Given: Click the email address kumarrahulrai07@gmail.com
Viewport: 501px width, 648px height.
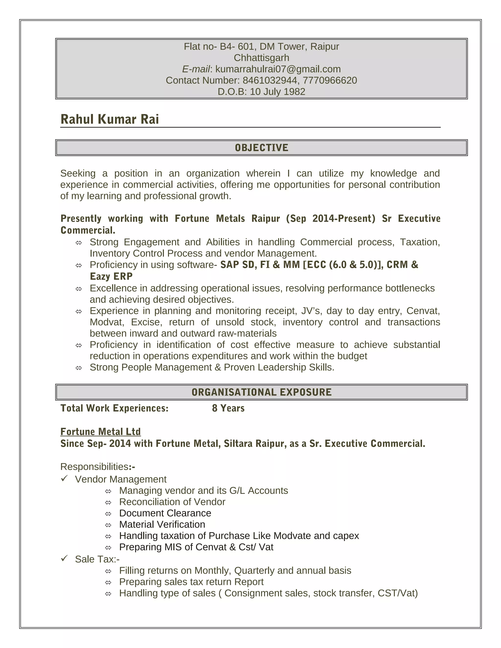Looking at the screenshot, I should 278,69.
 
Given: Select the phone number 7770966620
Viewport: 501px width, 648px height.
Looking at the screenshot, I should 330,80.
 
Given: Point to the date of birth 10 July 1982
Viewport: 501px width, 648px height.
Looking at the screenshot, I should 277,92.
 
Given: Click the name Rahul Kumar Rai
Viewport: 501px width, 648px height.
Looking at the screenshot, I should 110,119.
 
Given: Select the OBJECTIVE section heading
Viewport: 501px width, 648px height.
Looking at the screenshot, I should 261,148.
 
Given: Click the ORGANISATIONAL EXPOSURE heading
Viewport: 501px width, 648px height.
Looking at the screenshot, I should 261,392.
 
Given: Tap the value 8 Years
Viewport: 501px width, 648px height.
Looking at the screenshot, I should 228,408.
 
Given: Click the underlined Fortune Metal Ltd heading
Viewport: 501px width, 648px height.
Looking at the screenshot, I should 101,432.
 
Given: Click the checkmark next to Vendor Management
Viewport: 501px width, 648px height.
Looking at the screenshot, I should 64,479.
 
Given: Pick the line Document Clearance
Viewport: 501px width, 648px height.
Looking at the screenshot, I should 165,513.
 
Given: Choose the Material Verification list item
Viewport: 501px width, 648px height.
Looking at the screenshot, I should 162,525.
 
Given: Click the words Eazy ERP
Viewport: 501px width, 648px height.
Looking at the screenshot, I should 111,277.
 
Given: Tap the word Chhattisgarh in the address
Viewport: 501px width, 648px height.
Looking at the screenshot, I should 261,58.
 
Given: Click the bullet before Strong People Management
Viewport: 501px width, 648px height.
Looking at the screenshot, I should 79,368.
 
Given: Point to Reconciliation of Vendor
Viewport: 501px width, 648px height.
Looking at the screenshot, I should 172,502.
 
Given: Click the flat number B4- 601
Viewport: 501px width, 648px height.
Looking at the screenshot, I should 237,46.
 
